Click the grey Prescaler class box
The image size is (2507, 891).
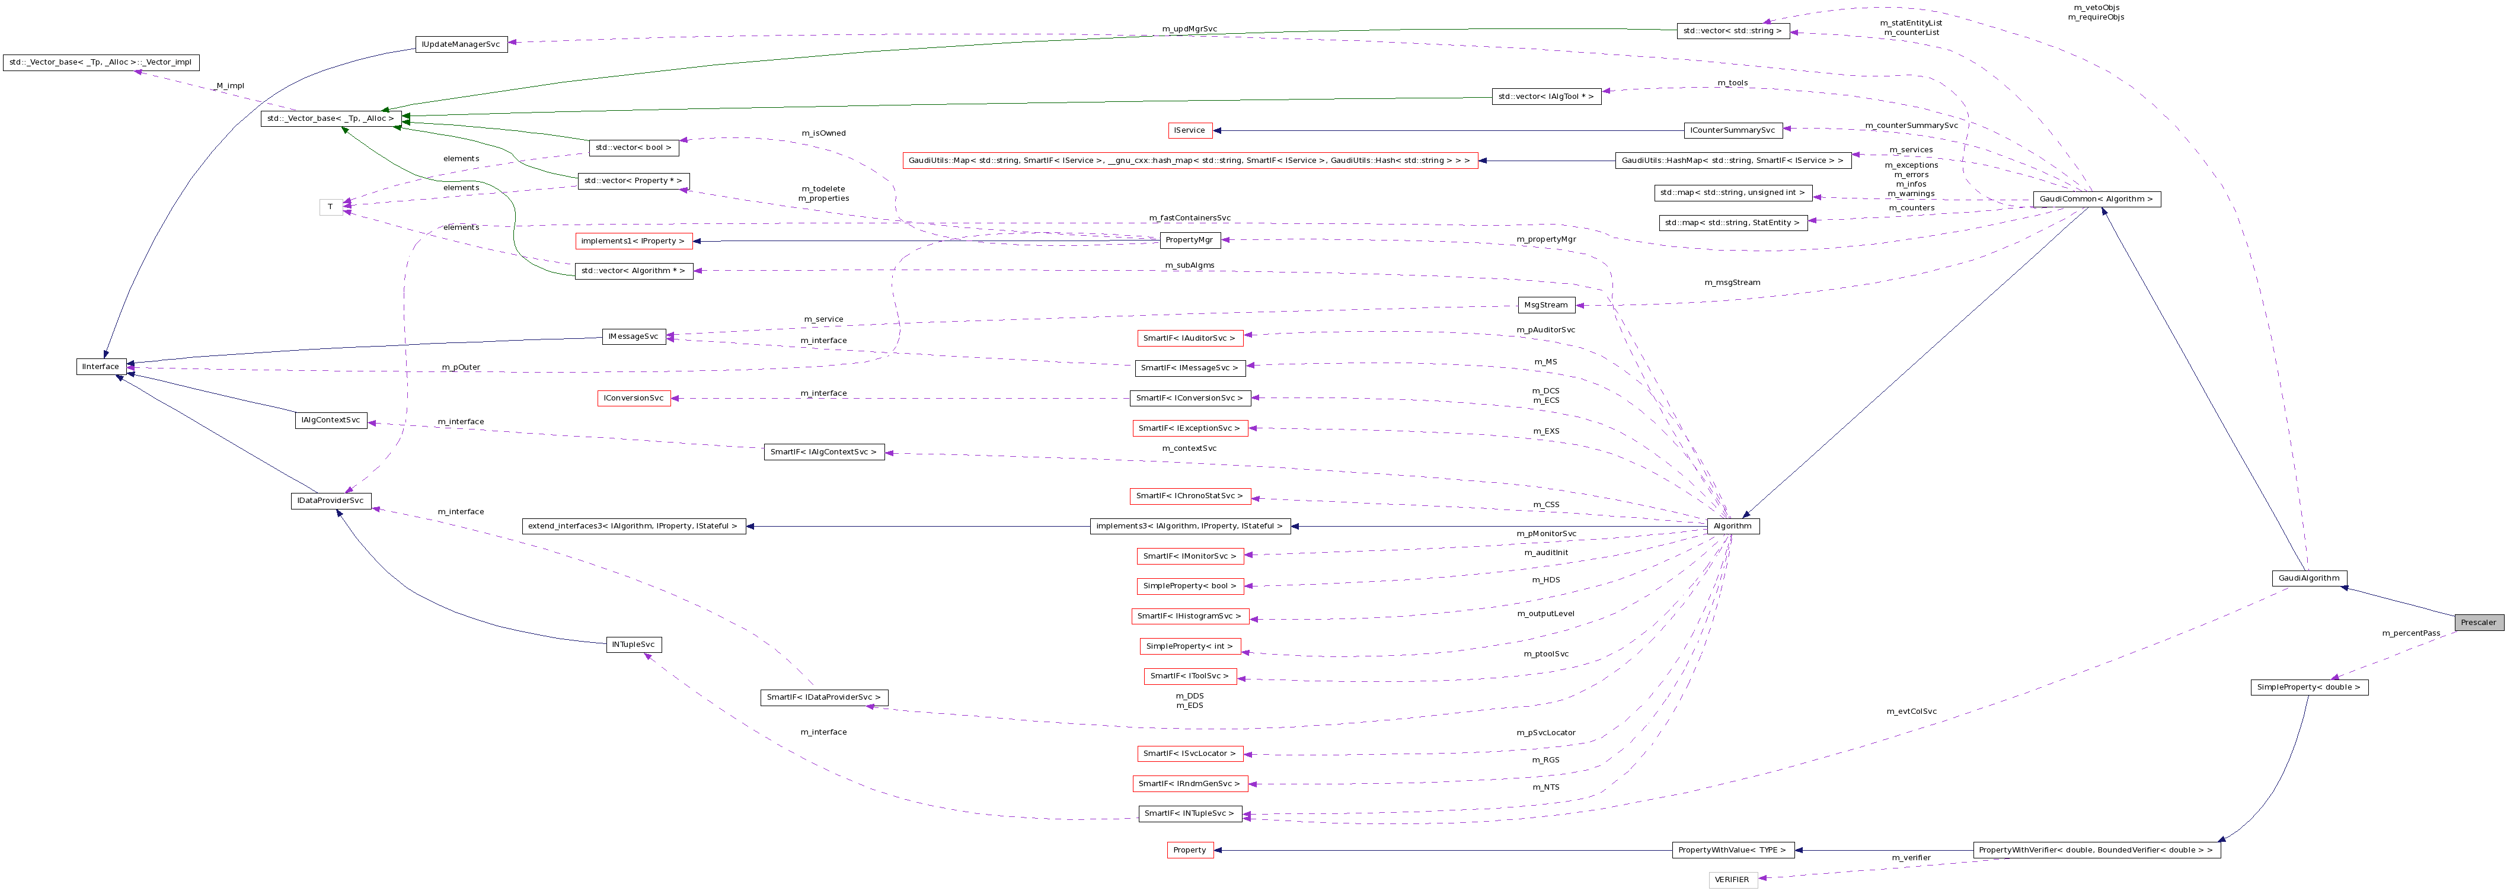[x=2478, y=623]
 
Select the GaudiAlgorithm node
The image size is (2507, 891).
[x=2308, y=578]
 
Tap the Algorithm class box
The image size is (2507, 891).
[x=1732, y=526]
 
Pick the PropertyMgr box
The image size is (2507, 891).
[x=1189, y=241]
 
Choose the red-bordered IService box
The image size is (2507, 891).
[x=1189, y=130]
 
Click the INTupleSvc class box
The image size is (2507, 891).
[x=634, y=645]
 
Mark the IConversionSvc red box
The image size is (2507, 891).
[x=634, y=399]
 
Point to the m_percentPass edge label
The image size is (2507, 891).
[x=2410, y=633]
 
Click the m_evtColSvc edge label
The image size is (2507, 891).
[x=1911, y=711]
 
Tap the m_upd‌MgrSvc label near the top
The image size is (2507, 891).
[x=1189, y=29]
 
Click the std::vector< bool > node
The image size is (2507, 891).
[x=634, y=148]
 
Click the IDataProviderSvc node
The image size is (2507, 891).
[x=331, y=501]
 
